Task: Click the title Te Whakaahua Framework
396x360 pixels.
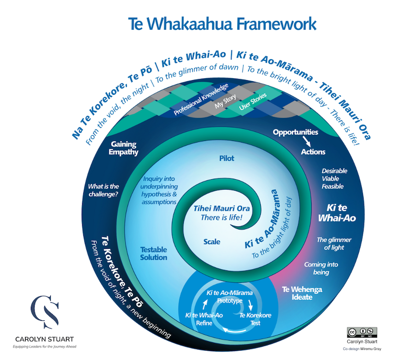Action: (222, 24)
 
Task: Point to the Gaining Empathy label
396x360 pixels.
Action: (124, 148)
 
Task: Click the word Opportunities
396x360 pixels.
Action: (296, 133)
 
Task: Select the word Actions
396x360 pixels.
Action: (313, 152)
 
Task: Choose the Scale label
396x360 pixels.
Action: (212, 242)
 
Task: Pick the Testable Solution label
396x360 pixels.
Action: (154, 254)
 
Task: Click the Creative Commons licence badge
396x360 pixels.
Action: (361, 332)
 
